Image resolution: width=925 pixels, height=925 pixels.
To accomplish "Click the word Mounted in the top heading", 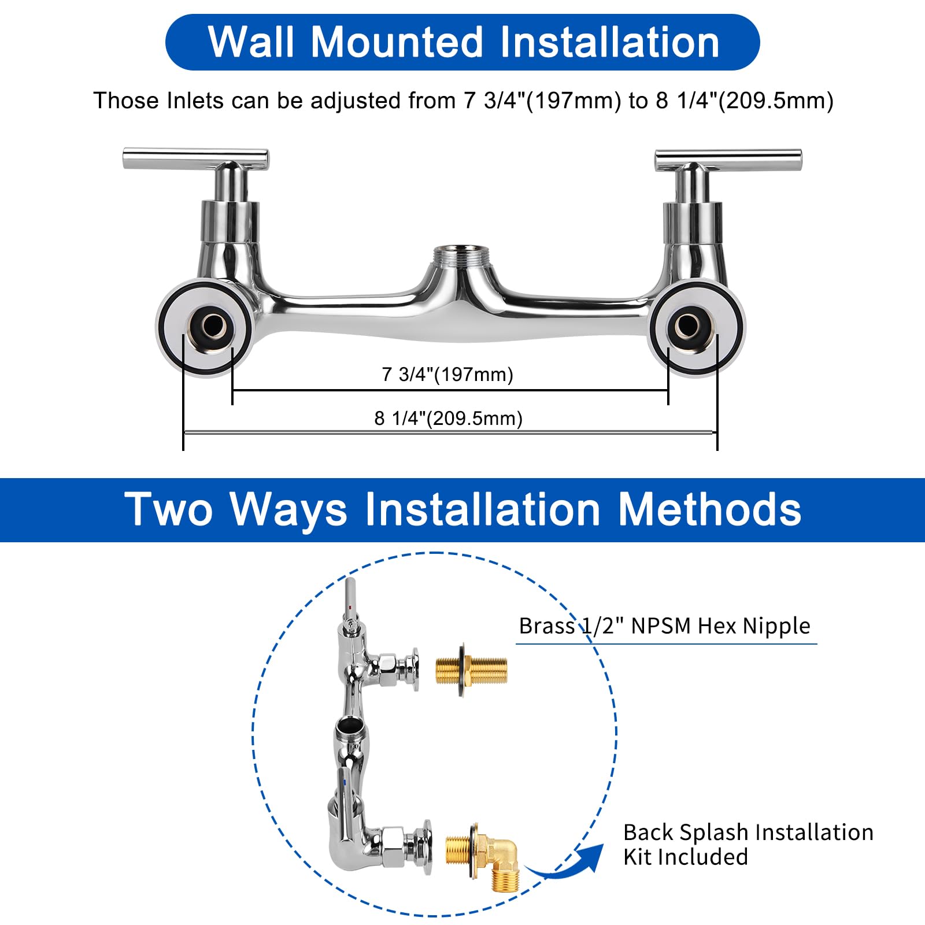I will pyautogui.click(x=396, y=42).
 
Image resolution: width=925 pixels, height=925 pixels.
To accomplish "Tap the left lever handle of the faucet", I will pyautogui.click(x=195, y=158).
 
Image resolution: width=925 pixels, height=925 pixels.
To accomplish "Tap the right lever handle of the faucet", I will pyautogui.click(x=728, y=158).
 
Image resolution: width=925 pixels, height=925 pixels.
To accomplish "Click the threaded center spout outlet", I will pyautogui.click(x=462, y=254).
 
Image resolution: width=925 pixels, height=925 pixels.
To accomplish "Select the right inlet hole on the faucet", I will pyautogui.click(x=688, y=325).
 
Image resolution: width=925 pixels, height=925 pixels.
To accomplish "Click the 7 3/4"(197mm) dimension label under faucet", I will pyautogui.click(x=447, y=375).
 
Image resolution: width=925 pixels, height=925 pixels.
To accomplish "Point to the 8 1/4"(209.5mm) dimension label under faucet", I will pyautogui.click(x=448, y=418).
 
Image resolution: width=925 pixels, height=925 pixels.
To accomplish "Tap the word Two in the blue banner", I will pyautogui.click(x=170, y=509).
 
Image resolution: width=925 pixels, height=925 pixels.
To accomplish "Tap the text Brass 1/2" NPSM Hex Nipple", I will pyautogui.click(x=664, y=626).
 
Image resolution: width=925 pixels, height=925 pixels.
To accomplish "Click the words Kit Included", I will pyautogui.click(x=685, y=857).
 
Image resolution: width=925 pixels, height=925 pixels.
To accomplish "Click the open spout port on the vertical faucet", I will pyautogui.click(x=347, y=726).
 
